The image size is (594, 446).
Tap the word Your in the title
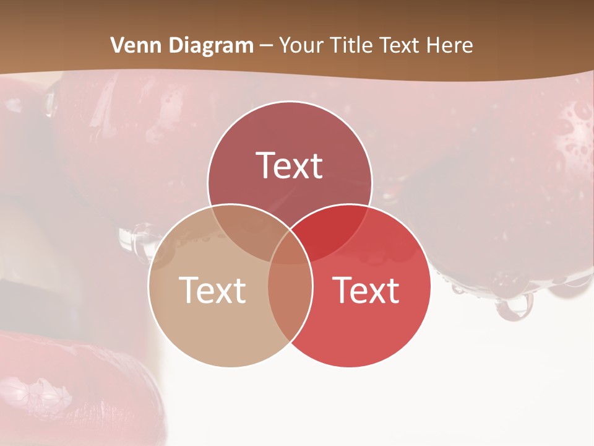pos(299,45)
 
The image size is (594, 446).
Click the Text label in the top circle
pos(290,166)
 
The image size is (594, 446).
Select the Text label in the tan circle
pos(212,290)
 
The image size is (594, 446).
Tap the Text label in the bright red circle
pos(366,290)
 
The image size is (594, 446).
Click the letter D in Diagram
pos(175,45)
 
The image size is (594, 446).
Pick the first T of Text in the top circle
pos(265,166)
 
